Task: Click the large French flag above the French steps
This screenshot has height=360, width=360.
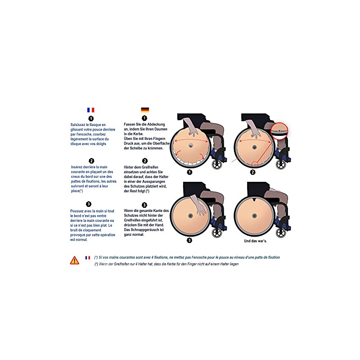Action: (x=91, y=110)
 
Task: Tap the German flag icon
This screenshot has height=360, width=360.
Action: (x=145, y=110)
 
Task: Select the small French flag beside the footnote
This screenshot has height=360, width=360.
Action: (x=88, y=257)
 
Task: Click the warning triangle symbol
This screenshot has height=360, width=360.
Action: (x=75, y=261)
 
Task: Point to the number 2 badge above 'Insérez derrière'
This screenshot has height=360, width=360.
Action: (x=91, y=161)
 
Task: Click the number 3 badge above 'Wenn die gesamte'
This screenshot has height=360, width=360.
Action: (x=144, y=205)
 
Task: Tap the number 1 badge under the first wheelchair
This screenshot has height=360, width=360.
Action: (x=189, y=172)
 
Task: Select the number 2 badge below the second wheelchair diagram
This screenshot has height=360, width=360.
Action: (x=253, y=172)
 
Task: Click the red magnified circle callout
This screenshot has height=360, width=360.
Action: (x=279, y=131)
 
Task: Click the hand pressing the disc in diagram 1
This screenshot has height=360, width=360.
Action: (x=192, y=128)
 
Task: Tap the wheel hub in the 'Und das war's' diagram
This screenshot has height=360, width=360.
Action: (x=254, y=216)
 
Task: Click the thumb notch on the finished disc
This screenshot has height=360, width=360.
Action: (x=254, y=199)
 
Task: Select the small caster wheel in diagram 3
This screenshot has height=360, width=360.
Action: (x=217, y=233)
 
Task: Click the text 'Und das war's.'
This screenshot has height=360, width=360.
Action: (x=255, y=241)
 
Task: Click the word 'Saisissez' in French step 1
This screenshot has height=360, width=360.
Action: (x=78, y=125)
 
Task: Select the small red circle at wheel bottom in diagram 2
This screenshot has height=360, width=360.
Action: (x=255, y=164)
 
